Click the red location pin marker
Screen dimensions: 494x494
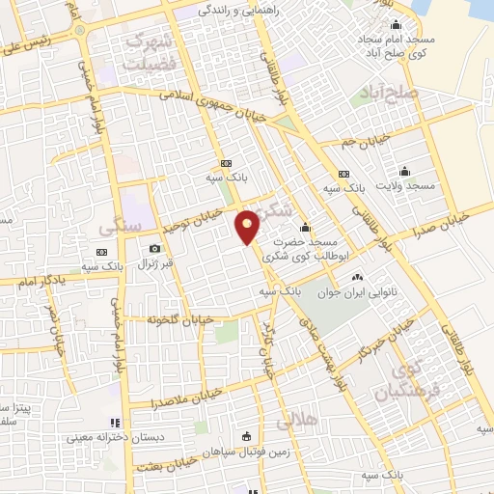pyautogui.click(x=248, y=227)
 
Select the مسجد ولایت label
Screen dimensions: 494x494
pyautogui.click(x=408, y=184)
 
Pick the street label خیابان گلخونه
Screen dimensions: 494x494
pyautogui.click(x=180, y=319)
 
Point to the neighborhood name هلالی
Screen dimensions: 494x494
pyautogui.click(x=295, y=422)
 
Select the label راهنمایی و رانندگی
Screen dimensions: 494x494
pyautogui.click(x=238, y=11)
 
